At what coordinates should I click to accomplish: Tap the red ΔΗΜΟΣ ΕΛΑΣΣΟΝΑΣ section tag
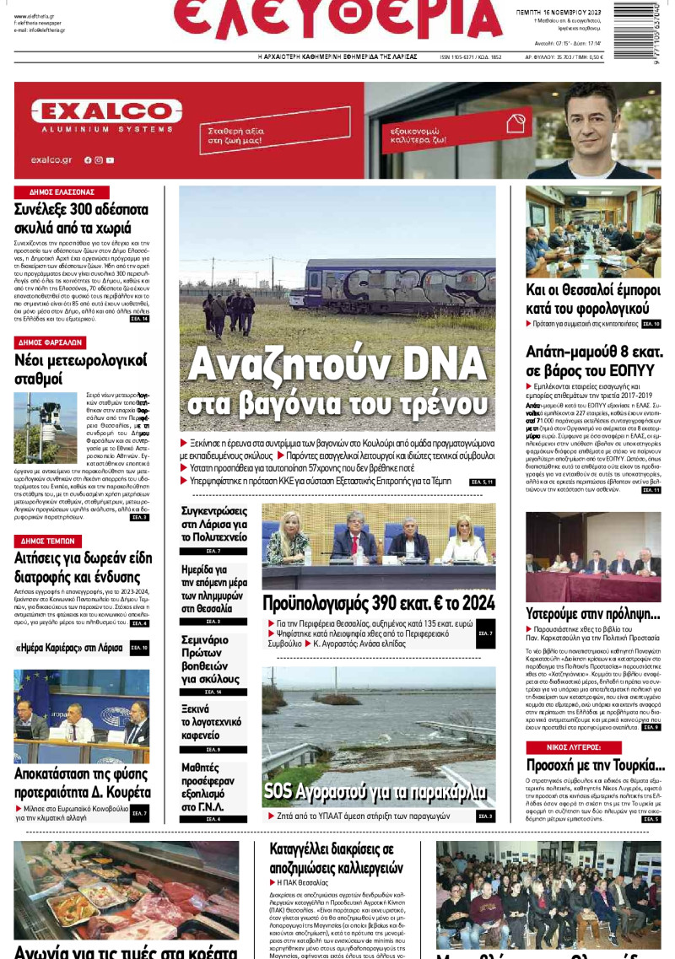62,192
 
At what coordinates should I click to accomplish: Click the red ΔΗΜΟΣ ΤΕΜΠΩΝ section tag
49,541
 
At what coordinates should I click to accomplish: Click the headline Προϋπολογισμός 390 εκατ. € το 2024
378,603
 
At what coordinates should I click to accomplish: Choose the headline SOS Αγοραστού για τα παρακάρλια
375,791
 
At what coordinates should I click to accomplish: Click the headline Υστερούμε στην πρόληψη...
592,613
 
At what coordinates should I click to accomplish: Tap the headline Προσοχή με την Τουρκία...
595,766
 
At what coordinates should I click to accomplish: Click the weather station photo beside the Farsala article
46,428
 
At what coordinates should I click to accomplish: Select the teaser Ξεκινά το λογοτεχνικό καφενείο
211,722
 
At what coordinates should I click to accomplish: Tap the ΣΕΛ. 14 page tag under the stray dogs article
138,319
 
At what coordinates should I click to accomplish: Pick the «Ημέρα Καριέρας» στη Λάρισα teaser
69,648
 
